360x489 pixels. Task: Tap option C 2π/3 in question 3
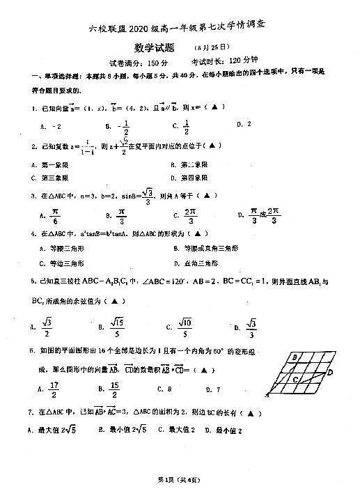pyautogui.click(x=186, y=216)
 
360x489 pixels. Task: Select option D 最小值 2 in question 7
pyautogui.click(x=230, y=430)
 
